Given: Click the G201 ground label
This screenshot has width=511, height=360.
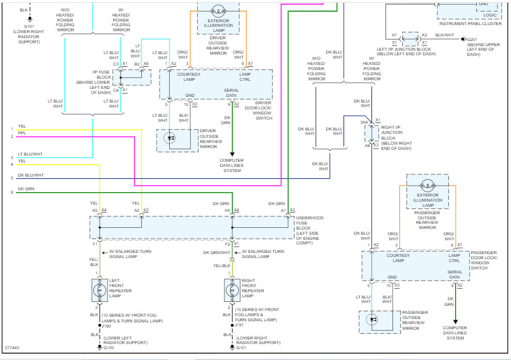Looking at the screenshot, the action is point(472,40).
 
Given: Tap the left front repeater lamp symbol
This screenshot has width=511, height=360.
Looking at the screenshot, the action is point(100,290).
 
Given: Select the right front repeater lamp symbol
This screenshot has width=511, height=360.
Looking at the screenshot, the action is point(232,290).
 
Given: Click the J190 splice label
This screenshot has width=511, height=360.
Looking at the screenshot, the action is point(106,326).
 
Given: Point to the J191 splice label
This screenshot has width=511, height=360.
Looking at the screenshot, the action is point(239,325).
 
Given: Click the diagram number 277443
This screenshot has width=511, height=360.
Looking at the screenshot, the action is point(12,347).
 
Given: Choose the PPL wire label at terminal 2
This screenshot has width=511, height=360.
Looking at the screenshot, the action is point(22,133).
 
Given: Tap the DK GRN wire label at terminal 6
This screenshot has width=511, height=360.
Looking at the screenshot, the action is point(26,189).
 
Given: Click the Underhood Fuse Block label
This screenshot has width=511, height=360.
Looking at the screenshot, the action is point(309,230).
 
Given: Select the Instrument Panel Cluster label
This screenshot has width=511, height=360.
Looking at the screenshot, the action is point(470,24).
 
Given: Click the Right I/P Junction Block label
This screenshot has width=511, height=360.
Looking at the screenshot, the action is point(396,138).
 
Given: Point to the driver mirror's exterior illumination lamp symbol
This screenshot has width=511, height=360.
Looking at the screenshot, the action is point(218,12).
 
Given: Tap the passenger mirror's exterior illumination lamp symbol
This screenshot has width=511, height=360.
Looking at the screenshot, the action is point(428,186).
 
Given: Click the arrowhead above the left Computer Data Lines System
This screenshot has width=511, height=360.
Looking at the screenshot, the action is point(232,154).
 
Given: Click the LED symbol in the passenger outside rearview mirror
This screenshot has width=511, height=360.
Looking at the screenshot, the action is point(372,320).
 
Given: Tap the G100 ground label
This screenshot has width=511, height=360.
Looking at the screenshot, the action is point(109,347).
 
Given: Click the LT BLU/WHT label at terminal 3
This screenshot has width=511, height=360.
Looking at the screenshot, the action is point(30,154).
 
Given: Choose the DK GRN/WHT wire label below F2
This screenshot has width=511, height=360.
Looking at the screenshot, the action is point(216,252).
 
